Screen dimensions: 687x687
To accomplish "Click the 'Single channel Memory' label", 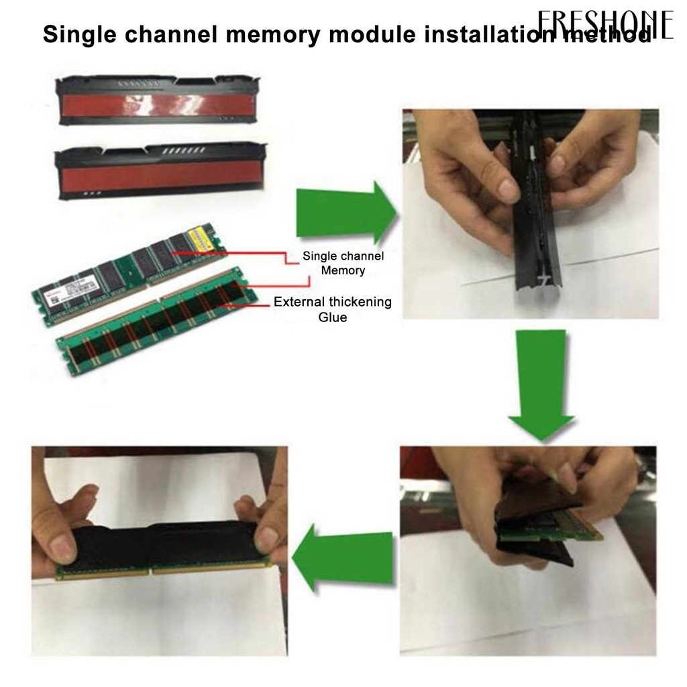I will point(343,263).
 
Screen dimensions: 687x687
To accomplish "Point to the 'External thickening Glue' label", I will point(333,309).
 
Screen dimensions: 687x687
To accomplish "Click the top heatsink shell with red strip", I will point(158,101).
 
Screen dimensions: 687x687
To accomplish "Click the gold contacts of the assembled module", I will point(161,571).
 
